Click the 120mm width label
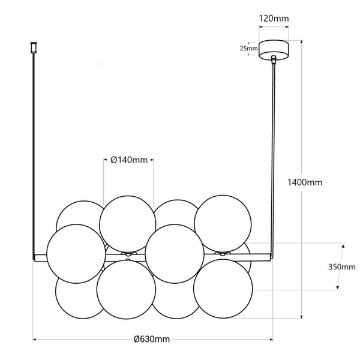click(274, 19)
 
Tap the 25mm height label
click(248, 48)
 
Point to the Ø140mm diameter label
click(128, 160)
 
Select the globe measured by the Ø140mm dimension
click(128, 223)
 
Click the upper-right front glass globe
click(223, 223)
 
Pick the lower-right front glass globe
click(223, 287)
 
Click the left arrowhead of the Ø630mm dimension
click(34, 339)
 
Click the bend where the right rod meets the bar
click(270, 257)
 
